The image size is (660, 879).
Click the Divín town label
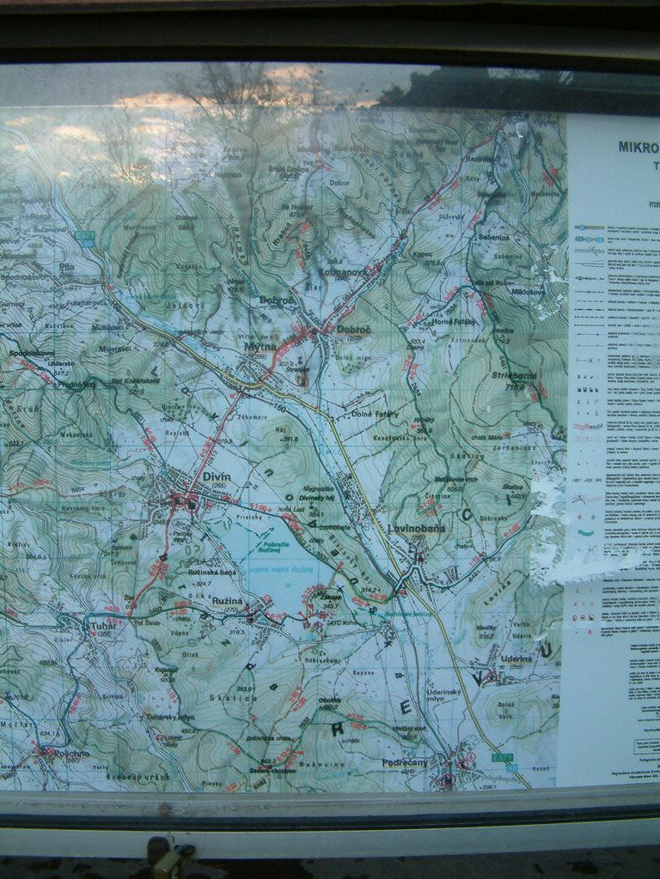point(217,477)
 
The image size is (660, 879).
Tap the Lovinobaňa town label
point(417,529)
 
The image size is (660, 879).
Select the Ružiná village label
point(228,600)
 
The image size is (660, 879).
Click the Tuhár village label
point(101,626)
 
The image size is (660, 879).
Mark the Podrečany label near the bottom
point(405,762)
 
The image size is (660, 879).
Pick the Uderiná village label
point(517,659)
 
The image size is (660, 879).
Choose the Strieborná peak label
point(514,376)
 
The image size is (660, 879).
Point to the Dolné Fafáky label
point(375,414)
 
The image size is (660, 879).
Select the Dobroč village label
point(353,329)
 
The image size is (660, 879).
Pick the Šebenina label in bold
point(494,236)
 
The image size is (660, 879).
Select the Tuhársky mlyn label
point(170,717)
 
